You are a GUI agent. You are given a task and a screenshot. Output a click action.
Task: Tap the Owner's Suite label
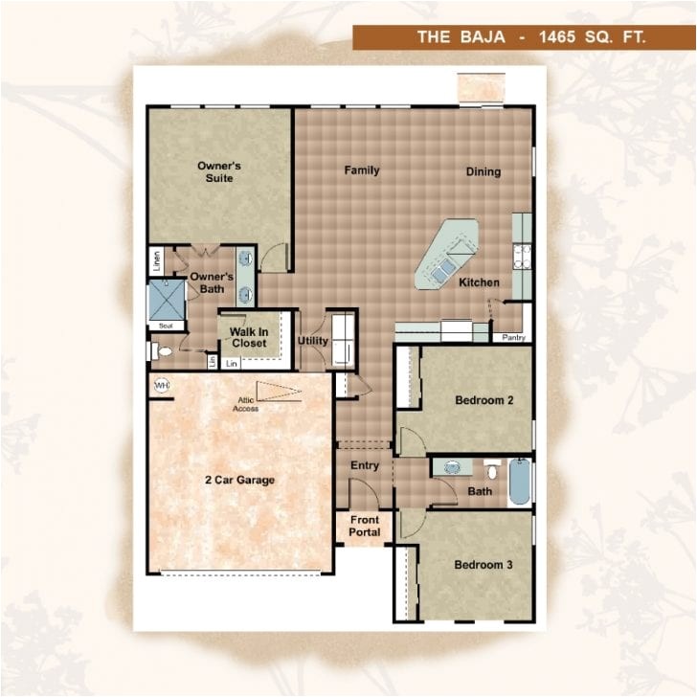[x=219, y=171]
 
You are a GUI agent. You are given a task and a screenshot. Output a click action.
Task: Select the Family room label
[x=362, y=170]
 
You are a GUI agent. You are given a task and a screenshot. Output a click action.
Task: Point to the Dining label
[x=483, y=171]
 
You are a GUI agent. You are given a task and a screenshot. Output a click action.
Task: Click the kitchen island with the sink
[x=445, y=255]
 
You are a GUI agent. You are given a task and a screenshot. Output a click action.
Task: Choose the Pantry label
[x=512, y=337]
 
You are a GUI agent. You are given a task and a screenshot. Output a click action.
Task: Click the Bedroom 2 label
[x=484, y=401]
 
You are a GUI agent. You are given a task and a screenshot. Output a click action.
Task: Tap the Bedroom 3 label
[x=483, y=565]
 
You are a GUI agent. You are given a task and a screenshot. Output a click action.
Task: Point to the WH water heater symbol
[x=160, y=385]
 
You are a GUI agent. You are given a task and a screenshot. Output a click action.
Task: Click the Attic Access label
[x=245, y=404]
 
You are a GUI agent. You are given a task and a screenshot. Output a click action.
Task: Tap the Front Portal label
[x=365, y=527]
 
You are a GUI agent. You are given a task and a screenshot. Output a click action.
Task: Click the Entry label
[x=365, y=465]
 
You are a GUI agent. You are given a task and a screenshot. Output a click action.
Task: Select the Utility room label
[x=313, y=341]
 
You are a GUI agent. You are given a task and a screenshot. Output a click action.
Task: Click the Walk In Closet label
[x=249, y=337]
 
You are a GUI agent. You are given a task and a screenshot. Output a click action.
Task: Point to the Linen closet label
[x=156, y=259]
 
